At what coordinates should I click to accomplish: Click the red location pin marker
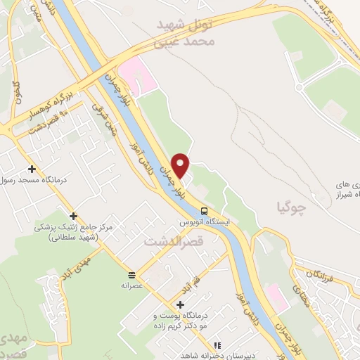(x=181, y=165)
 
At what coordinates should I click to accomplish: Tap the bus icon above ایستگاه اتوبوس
(x=204, y=210)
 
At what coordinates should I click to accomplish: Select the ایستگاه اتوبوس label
(x=204, y=221)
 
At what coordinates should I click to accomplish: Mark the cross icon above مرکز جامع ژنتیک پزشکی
(x=74, y=216)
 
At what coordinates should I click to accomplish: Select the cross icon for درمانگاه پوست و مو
(x=181, y=304)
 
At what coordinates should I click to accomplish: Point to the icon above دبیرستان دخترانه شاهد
(x=217, y=345)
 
